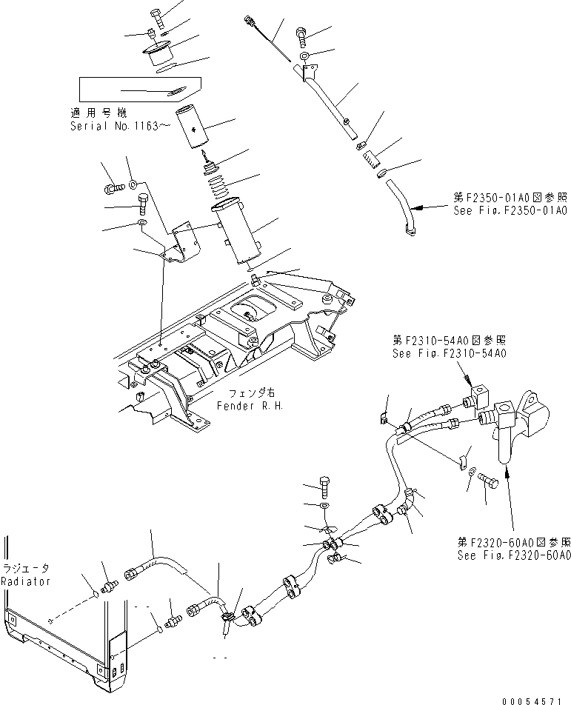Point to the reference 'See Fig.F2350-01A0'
click(510, 210)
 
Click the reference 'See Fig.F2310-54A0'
click(450, 353)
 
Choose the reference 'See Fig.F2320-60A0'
click(513, 555)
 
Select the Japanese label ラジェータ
click(25, 568)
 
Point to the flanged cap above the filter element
click(159, 56)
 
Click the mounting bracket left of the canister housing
click(181, 241)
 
